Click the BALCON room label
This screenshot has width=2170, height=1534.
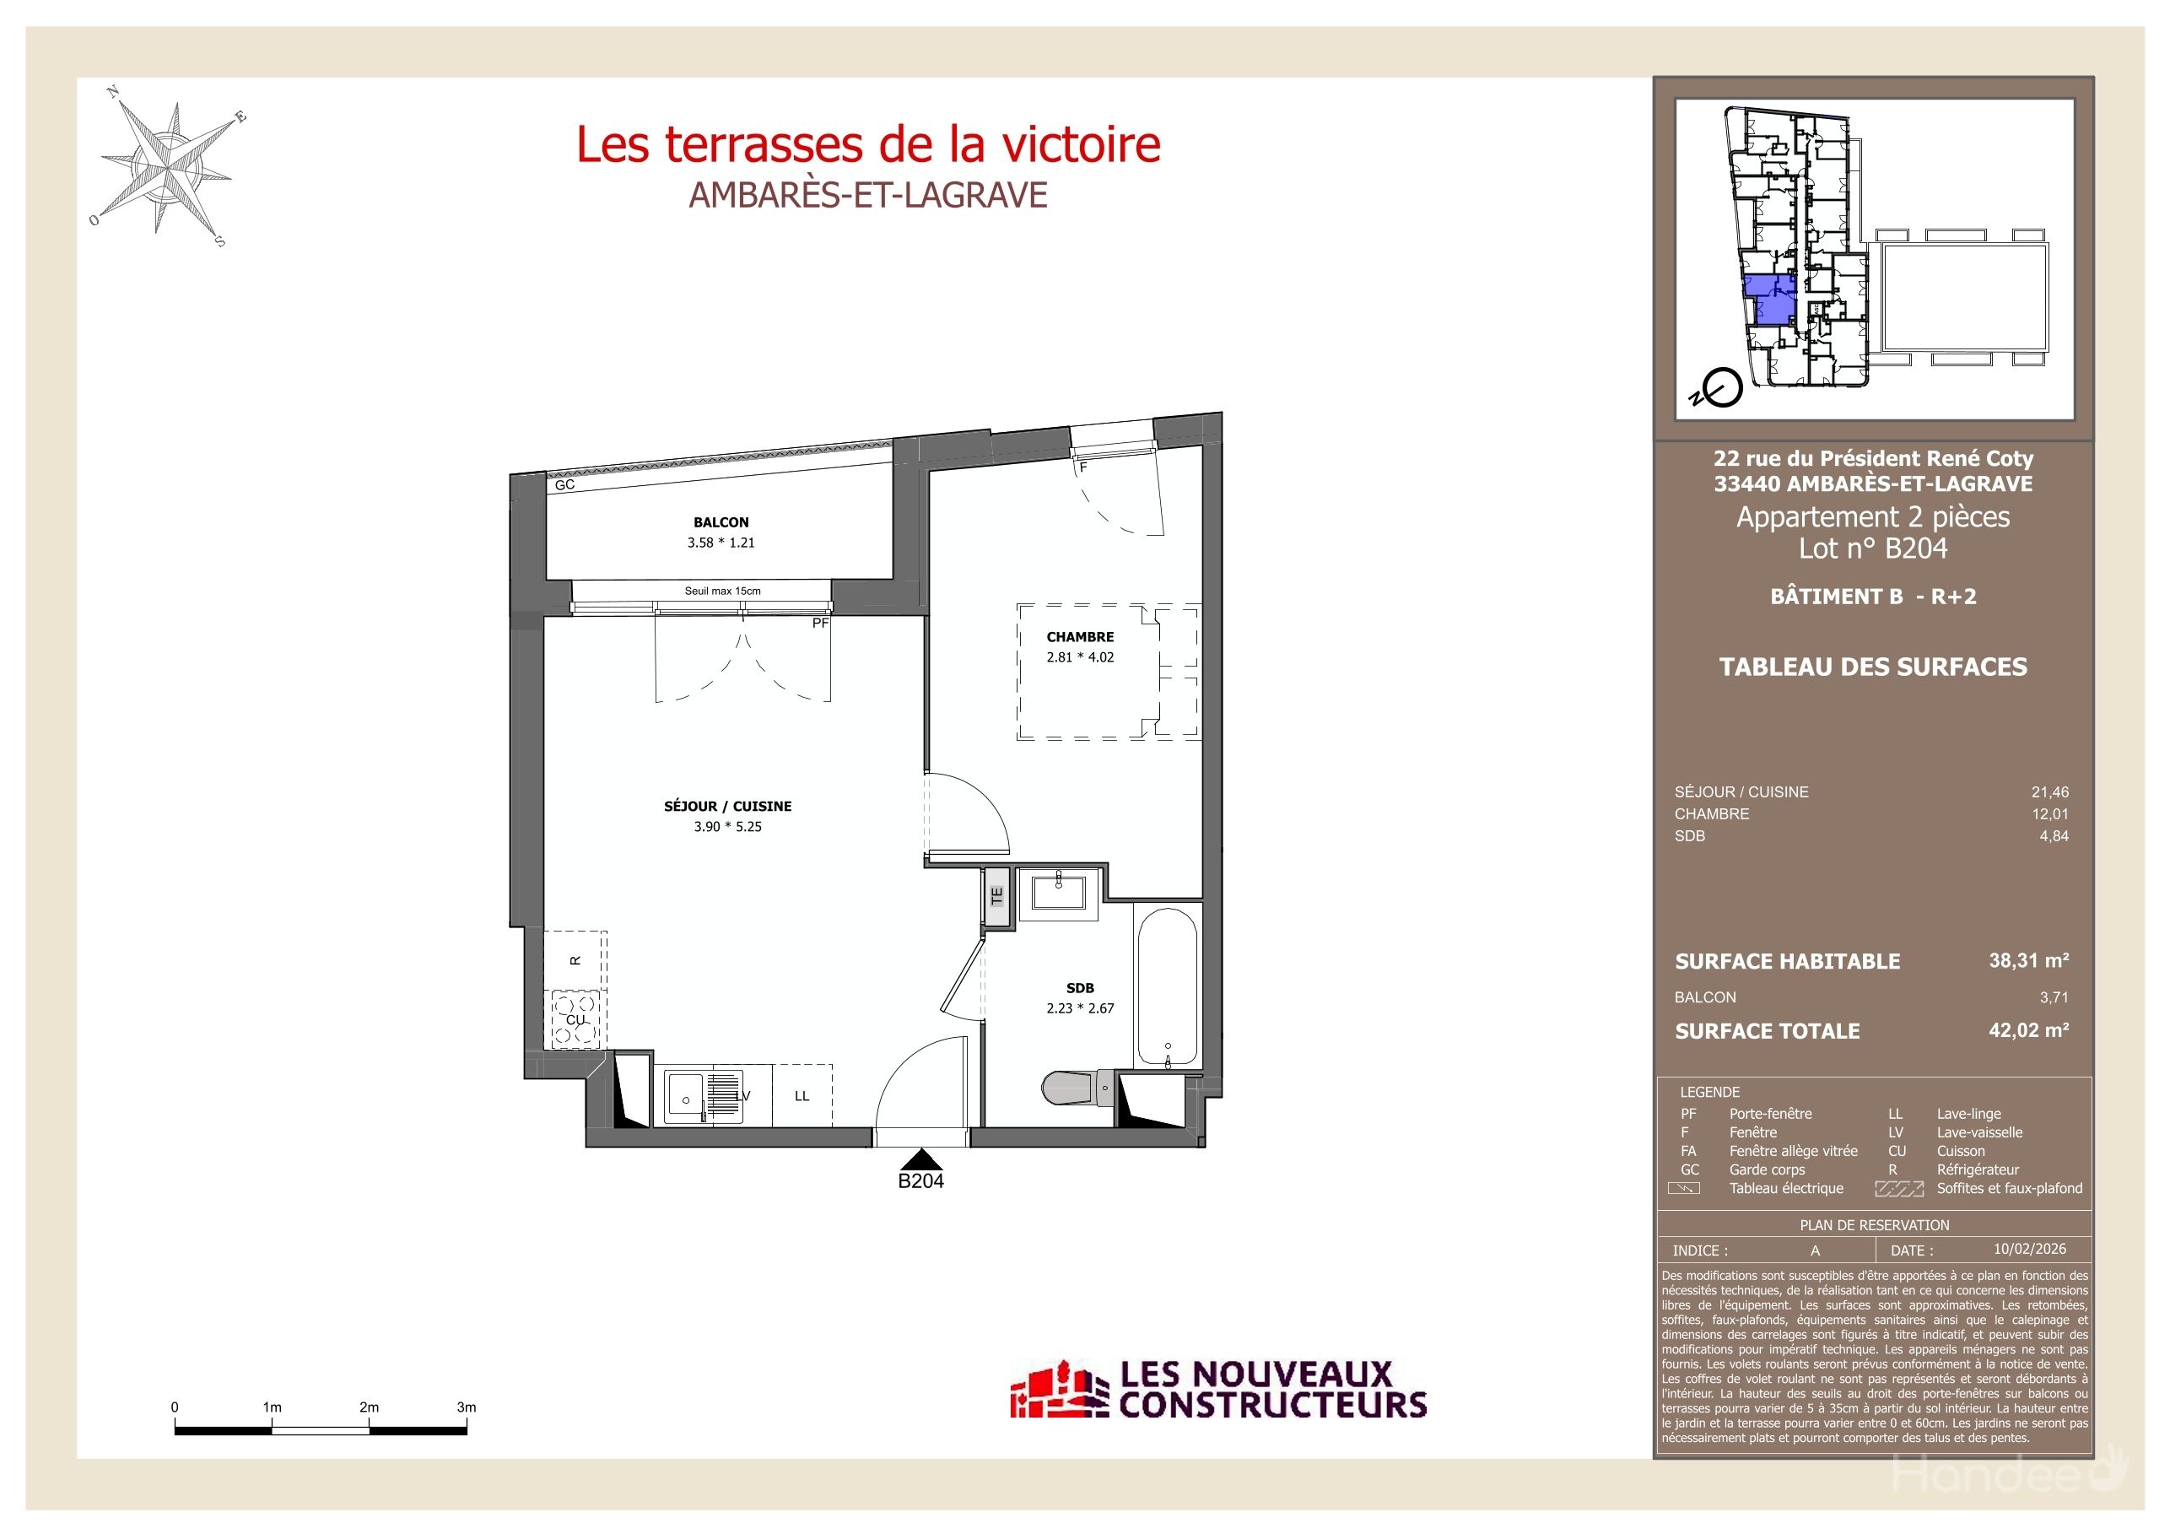(721, 521)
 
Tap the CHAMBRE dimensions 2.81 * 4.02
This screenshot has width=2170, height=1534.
(1079, 657)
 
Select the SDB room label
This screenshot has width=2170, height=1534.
(1079, 988)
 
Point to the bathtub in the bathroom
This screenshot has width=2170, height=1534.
(1166, 986)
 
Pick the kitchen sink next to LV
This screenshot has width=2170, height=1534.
(683, 1097)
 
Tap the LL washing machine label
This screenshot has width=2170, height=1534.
(802, 1096)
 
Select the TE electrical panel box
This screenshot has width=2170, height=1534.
(996, 895)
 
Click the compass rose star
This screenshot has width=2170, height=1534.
(170, 170)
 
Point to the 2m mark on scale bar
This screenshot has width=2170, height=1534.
(369, 1407)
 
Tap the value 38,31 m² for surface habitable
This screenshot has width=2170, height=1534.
(2028, 960)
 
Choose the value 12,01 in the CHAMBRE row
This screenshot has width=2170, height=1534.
(2049, 813)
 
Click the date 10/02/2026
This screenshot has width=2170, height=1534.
(2029, 1249)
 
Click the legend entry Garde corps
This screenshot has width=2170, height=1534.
(1767, 1169)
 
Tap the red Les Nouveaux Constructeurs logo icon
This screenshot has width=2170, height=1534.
(1059, 1391)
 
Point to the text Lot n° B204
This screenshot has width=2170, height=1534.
(1872, 548)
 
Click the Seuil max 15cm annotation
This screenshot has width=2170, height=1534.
(722, 591)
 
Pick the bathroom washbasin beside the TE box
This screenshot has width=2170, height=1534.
(1058, 891)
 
